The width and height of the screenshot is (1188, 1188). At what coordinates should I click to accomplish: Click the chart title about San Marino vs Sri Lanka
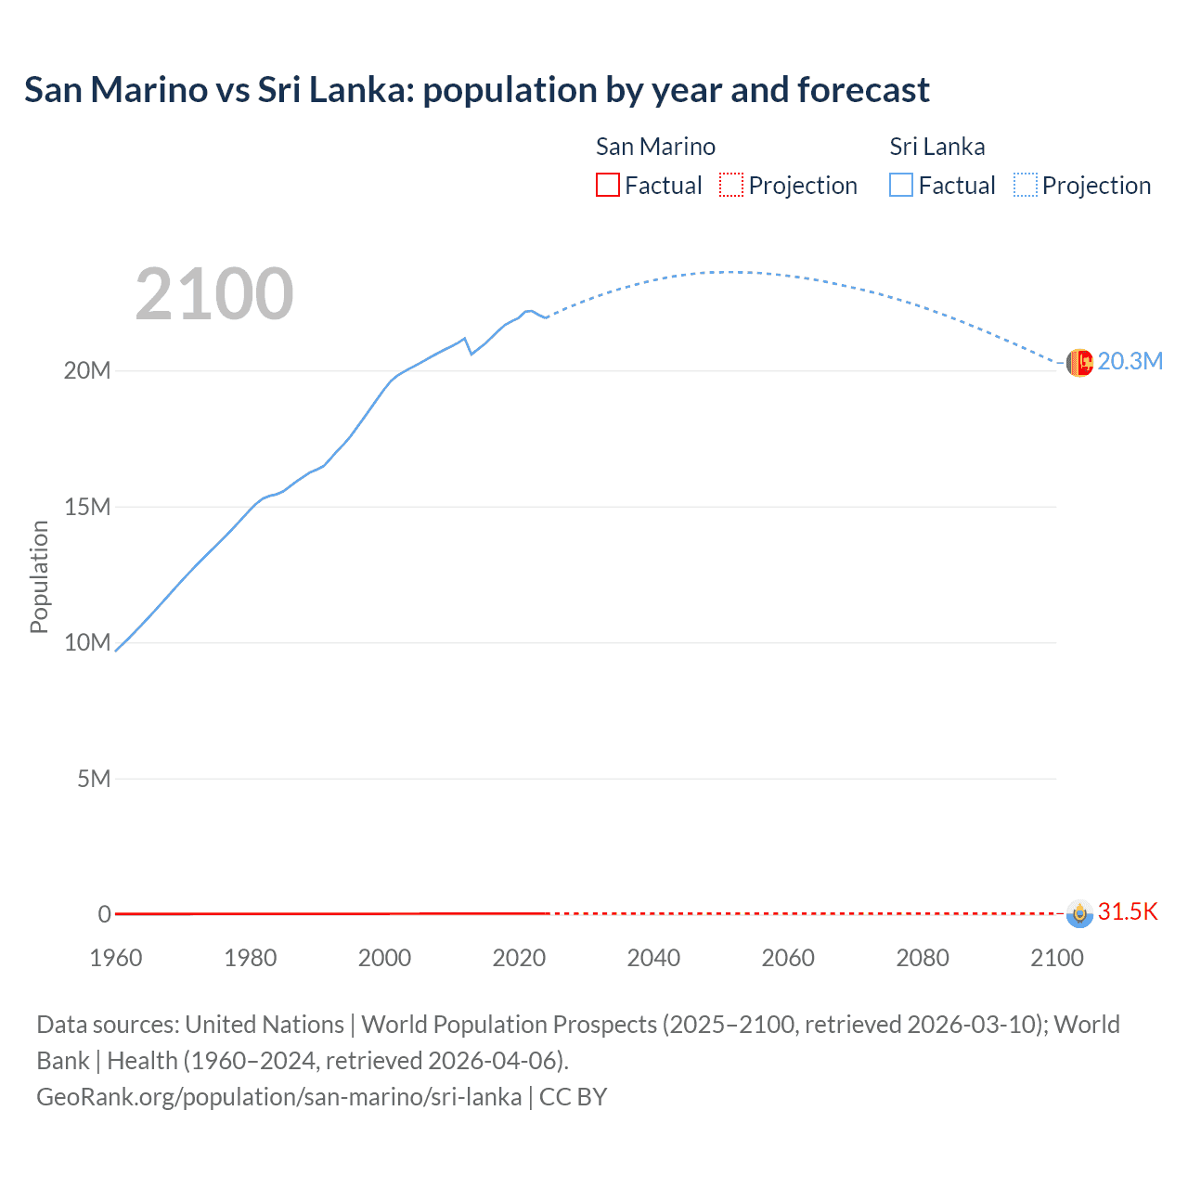pyautogui.click(x=476, y=90)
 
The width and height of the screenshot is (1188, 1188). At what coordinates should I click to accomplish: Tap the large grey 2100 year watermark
pyautogui.click(x=214, y=294)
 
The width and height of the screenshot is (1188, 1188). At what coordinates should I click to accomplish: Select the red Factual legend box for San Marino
pyautogui.click(x=607, y=186)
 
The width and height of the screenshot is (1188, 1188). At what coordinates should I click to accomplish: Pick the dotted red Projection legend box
pyautogui.click(x=731, y=186)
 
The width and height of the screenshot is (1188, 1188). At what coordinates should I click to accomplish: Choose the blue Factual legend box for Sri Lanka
pyautogui.click(x=901, y=186)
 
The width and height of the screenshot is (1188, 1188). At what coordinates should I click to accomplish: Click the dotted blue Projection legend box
pyautogui.click(x=1025, y=186)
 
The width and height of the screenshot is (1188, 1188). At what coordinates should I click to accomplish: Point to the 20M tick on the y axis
pyautogui.click(x=87, y=370)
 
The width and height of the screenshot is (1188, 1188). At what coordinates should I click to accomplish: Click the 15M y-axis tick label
pyautogui.click(x=87, y=507)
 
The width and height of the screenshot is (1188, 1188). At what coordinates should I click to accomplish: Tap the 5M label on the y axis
pyautogui.click(x=94, y=779)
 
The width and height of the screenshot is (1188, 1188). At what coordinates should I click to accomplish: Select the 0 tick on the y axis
pyautogui.click(x=105, y=914)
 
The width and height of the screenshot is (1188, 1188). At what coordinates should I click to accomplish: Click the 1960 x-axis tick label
pyautogui.click(x=116, y=958)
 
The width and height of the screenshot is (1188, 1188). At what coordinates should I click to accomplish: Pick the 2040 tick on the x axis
pyautogui.click(x=653, y=958)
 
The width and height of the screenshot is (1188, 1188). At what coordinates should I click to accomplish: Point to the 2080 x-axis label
pyautogui.click(x=923, y=958)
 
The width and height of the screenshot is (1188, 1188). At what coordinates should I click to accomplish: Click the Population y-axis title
pyautogui.click(x=39, y=576)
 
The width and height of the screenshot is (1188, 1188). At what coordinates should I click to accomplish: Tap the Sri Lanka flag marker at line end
pyautogui.click(x=1079, y=363)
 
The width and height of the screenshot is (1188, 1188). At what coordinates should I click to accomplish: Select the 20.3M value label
pyautogui.click(x=1130, y=361)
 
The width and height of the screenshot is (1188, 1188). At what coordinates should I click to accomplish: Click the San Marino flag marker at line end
pyautogui.click(x=1079, y=913)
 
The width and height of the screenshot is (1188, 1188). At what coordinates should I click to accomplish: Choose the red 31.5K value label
pyautogui.click(x=1128, y=911)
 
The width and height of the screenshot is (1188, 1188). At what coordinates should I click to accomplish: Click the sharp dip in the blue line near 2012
pyautogui.click(x=471, y=354)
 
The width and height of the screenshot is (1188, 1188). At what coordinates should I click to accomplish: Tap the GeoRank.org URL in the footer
pyautogui.click(x=279, y=1097)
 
